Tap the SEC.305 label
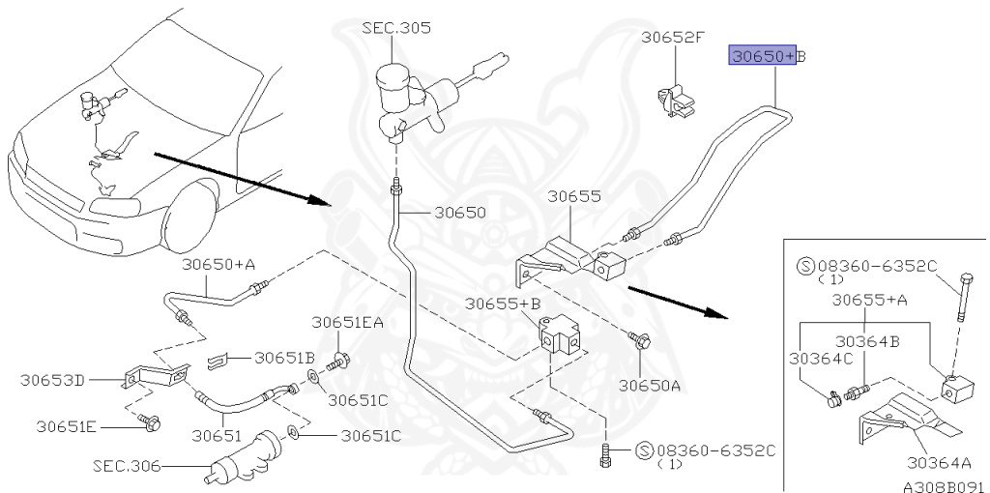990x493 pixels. coord(395,28)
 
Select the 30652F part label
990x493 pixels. coord(673,38)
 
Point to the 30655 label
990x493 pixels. coord(574,196)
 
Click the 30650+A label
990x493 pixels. coord(218,265)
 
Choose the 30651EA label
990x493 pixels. coord(347,323)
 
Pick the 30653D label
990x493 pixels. coord(52,380)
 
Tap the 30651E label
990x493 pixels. coord(66,427)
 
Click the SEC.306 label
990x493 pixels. coord(127,467)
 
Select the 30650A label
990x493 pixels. coord(649,385)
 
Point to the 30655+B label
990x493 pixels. coord(503,304)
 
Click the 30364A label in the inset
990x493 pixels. coord(939,463)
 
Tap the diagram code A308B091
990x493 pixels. coord(944,486)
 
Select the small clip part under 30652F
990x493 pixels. coord(675,101)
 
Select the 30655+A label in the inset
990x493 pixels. coord(869,300)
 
